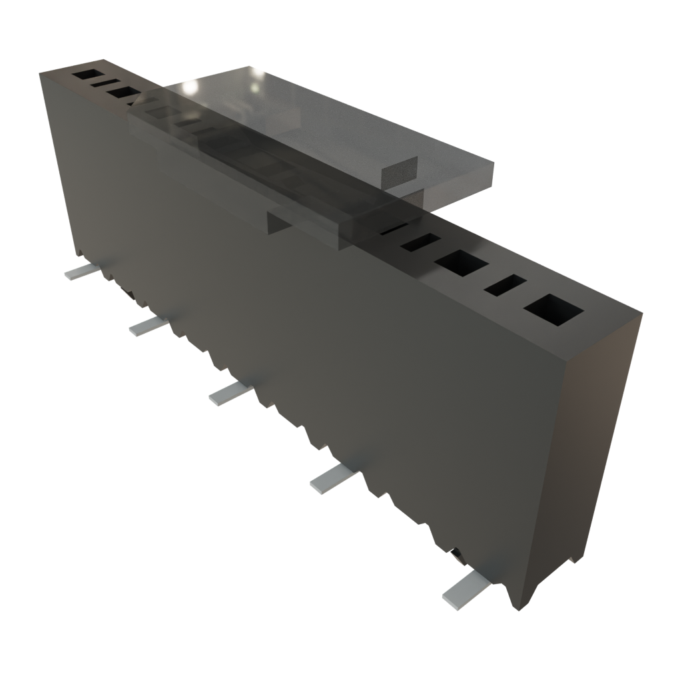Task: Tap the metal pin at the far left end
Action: (x=79, y=272)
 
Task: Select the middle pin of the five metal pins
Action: (x=230, y=394)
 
